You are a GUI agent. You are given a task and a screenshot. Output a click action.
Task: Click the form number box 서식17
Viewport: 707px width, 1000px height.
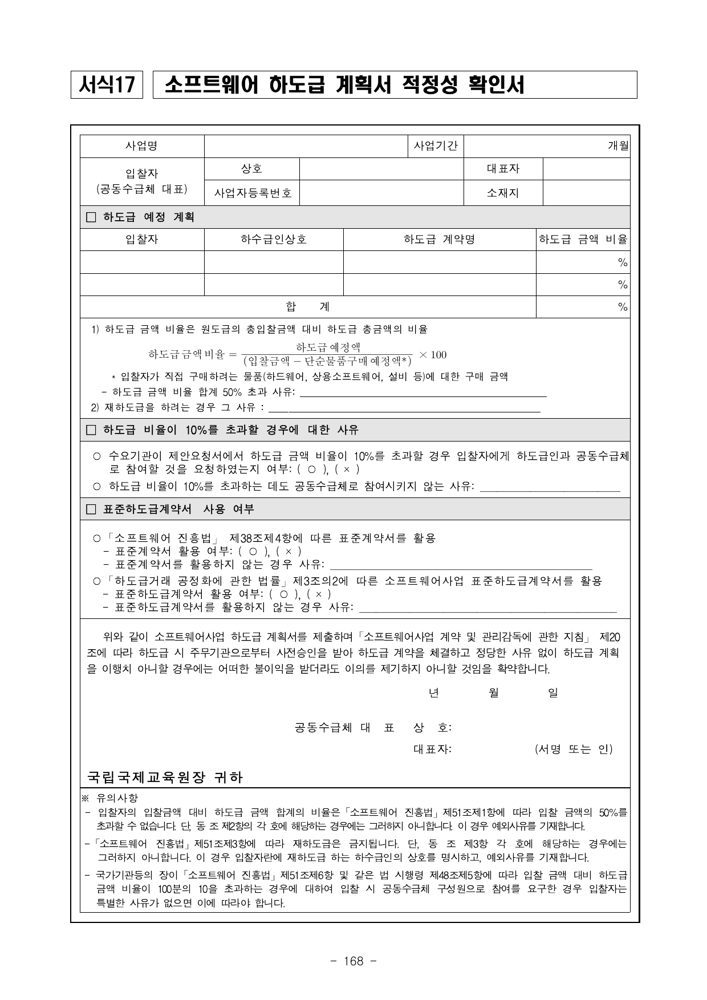[x=107, y=85]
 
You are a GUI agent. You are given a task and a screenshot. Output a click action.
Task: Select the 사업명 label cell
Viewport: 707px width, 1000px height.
[x=141, y=146]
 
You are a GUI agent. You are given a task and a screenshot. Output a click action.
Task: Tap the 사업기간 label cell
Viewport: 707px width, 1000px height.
[x=436, y=146]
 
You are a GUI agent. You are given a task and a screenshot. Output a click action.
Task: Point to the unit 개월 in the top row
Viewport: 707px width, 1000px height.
[x=618, y=146]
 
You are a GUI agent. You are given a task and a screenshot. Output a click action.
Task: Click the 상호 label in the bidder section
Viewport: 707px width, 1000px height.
[x=251, y=169]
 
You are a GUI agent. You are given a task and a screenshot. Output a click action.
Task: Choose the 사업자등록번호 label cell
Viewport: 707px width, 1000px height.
[x=253, y=193]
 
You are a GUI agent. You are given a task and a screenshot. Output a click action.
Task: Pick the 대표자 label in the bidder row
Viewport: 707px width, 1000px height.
[x=503, y=169]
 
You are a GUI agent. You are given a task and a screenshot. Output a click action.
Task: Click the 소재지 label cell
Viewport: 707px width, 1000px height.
[x=503, y=193]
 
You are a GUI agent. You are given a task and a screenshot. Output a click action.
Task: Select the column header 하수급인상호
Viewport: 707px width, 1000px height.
[x=274, y=240]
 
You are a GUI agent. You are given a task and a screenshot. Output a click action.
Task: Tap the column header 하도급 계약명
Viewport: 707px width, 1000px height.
[x=439, y=240]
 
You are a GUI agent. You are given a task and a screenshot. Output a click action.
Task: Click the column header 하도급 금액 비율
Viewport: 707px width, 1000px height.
[x=583, y=240]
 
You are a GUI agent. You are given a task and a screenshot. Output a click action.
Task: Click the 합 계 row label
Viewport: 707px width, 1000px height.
[x=307, y=307]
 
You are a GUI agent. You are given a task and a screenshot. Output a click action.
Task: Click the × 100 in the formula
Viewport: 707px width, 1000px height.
[x=433, y=355]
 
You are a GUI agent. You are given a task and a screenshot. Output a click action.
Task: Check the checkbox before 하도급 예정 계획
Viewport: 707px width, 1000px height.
[x=91, y=217]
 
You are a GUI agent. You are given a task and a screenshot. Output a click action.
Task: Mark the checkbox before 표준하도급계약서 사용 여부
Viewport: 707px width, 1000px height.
[x=91, y=509]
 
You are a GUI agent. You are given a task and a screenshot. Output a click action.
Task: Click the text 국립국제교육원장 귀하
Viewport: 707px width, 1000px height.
[x=165, y=777]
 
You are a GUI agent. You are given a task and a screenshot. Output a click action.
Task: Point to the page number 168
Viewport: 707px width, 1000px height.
[x=353, y=961]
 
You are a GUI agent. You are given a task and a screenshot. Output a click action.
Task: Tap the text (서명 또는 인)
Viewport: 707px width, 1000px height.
[x=574, y=749]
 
